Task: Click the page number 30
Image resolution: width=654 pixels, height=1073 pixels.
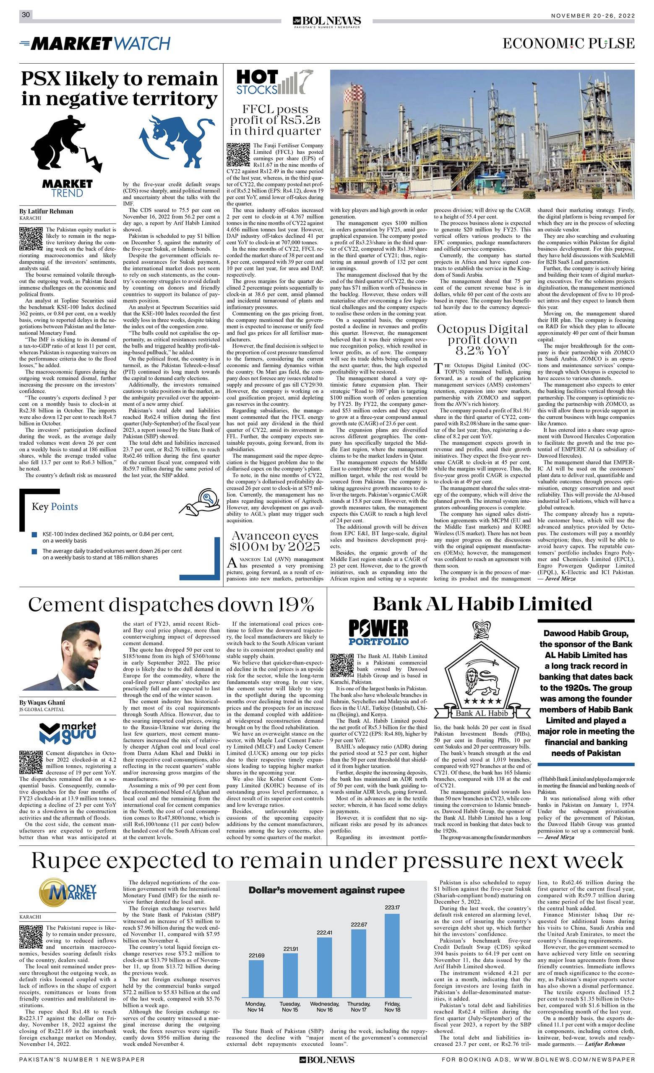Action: (26, 15)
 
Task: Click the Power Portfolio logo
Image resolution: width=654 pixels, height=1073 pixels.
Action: (378, 633)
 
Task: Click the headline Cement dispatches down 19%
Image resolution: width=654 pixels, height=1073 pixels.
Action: (171, 605)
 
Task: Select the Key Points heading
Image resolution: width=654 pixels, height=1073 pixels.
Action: (55, 506)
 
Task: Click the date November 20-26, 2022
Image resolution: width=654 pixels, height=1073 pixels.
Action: (593, 15)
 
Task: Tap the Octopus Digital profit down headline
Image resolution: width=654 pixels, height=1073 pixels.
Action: (482, 340)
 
